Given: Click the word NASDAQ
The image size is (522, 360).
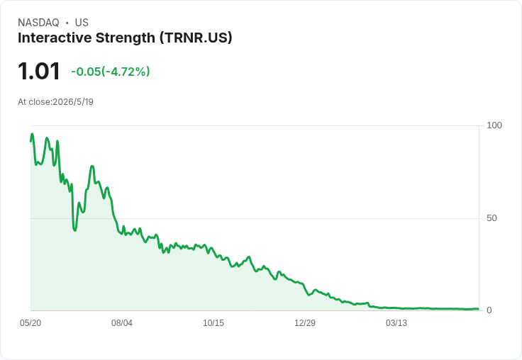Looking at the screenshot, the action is coord(38,23).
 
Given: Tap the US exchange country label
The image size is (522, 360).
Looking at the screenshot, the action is coord(82,23).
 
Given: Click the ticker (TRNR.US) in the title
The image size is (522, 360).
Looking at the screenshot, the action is coord(196,38).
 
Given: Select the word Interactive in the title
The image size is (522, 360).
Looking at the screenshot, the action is coord(55,38).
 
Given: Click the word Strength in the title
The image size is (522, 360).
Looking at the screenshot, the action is coord(126,38).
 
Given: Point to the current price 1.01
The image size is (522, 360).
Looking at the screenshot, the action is coord(39,71).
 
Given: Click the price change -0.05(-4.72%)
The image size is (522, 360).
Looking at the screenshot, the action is coord(111,72).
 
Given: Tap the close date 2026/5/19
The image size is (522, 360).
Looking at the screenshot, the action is coord(73,102).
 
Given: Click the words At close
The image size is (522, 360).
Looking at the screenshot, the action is coord(34,102).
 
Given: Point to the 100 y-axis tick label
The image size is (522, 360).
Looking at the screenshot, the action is coord(494,125).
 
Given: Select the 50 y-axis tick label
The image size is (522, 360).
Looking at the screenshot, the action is coord(492,218).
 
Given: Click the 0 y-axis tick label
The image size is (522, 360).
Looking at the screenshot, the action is coord(489,310).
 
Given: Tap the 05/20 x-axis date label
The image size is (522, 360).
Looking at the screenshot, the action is coord(30,322).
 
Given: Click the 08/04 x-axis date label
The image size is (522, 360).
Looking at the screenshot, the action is coord(122,322).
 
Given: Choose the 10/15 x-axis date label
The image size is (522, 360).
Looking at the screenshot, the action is coord(213,322).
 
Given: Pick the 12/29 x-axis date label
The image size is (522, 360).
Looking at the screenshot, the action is coord(305,322).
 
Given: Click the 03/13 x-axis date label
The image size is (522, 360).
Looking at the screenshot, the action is coord(396,322).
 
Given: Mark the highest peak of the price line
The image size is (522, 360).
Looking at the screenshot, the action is coord(32,134).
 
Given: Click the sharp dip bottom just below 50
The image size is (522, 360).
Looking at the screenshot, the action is coord(75,230).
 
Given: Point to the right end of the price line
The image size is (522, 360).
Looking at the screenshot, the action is coord(478,309).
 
